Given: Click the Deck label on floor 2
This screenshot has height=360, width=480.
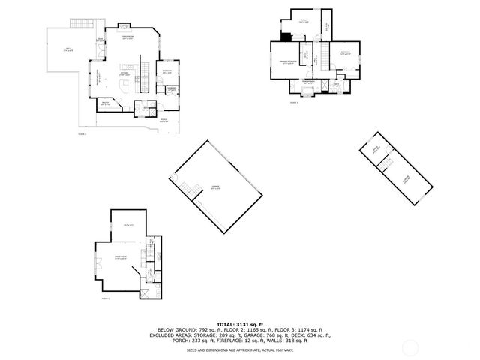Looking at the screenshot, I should coord(68,49).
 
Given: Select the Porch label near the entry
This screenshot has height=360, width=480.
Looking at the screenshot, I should coord(163,119).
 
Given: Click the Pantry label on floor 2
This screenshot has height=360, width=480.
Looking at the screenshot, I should coord(106,103).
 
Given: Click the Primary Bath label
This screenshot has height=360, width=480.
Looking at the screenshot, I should coord(308,82).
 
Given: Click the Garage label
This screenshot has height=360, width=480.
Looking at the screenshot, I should coord(215,188).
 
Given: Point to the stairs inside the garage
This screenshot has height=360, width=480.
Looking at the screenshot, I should coord(187,187).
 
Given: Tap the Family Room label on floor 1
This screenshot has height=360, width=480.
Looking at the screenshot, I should coord(119,257).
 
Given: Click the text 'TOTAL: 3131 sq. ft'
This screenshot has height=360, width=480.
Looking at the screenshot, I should coord(239,323).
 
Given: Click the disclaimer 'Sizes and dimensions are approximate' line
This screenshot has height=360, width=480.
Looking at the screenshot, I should coord(239,349).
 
